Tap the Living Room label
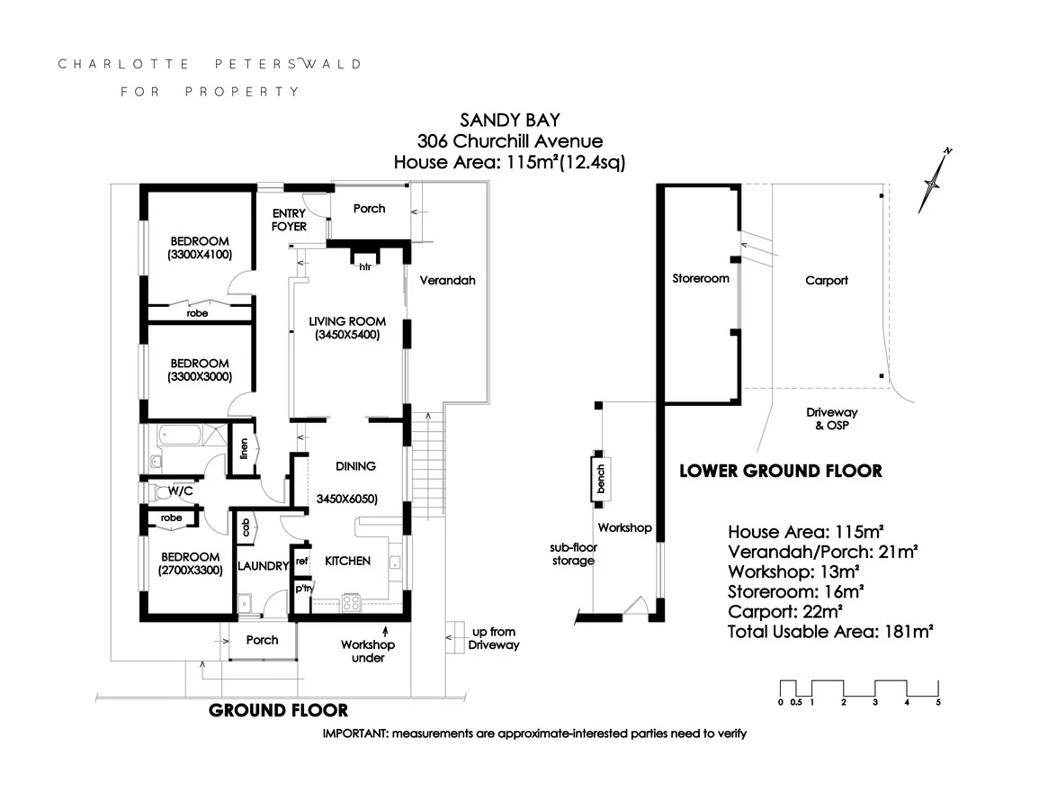tap(347, 321)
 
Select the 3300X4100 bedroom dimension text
tap(200, 255)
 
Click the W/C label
tap(181, 491)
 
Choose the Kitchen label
tap(347, 561)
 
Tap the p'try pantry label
tap(303, 589)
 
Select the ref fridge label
tap(302, 560)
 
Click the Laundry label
tap(263, 566)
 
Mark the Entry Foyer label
tap(289, 220)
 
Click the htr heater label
tap(365, 266)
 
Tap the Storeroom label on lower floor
tap(701, 278)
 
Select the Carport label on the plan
tap(826, 280)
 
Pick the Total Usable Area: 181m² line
tap(829, 632)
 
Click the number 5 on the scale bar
tap(938, 702)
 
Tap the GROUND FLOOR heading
tap(278, 711)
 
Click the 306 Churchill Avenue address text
tap(509, 140)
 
